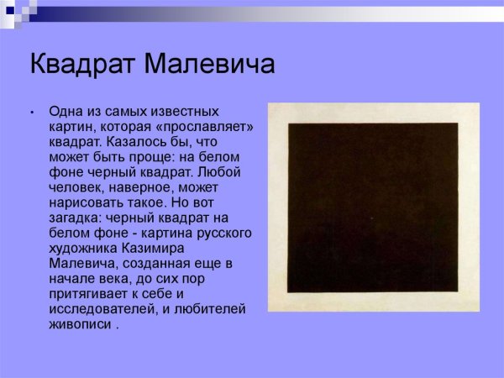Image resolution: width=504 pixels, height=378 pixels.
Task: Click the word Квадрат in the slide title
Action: point(79,64)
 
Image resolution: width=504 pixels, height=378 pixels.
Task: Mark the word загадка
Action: point(77,217)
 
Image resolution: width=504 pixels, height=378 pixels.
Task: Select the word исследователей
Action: point(101,308)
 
